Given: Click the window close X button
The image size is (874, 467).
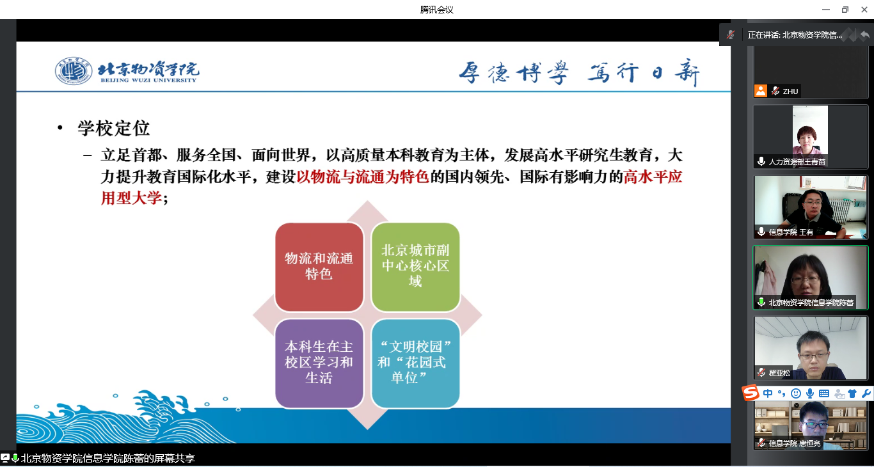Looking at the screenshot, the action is (x=864, y=10).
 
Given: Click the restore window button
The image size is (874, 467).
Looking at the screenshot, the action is (x=845, y=10).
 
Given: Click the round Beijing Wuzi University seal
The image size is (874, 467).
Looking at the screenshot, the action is (x=74, y=71).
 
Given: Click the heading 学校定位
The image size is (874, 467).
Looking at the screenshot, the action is (x=113, y=129).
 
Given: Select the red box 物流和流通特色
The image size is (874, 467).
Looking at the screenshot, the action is (x=319, y=267).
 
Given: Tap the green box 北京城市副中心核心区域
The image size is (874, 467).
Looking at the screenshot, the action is (x=415, y=267).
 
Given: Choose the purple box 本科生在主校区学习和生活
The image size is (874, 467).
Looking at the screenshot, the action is (x=319, y=363).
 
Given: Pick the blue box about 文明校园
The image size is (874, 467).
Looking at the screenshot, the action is (x=415, y=363).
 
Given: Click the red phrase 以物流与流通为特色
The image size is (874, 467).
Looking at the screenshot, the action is (x=363, y=177).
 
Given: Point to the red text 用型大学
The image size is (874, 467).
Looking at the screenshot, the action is (x=131, y=198).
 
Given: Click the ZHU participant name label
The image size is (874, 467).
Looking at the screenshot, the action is (x=790, y=91).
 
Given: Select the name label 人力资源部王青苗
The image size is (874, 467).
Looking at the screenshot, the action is (x=797, y=161).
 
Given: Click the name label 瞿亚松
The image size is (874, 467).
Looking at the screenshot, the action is (x=779, y=373).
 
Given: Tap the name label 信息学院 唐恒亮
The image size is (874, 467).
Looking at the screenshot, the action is (x=795, y=443).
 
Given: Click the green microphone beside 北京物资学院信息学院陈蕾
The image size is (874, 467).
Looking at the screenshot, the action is (x=761, y=302).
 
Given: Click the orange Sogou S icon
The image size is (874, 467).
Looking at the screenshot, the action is (x=751, y=393).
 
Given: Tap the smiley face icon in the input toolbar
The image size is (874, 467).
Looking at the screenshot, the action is (x=795, y=393).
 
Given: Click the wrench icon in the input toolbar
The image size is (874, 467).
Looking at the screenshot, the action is (x=866, y=393).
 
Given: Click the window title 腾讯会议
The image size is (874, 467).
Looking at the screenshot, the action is (x=436, y=10).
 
